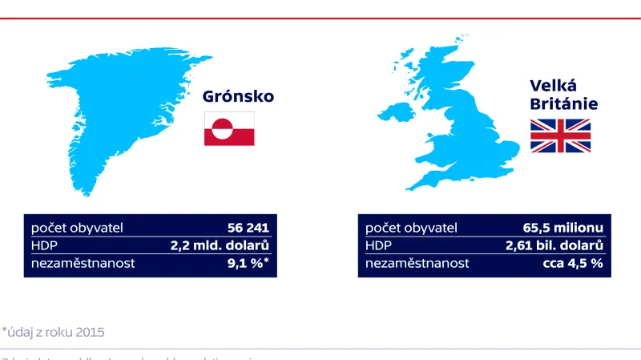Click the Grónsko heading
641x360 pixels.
(238, 97)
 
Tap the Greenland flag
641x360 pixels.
(229, 129)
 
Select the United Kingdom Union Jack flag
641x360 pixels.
(560, 136)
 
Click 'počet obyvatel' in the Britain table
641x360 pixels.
(410, 228)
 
